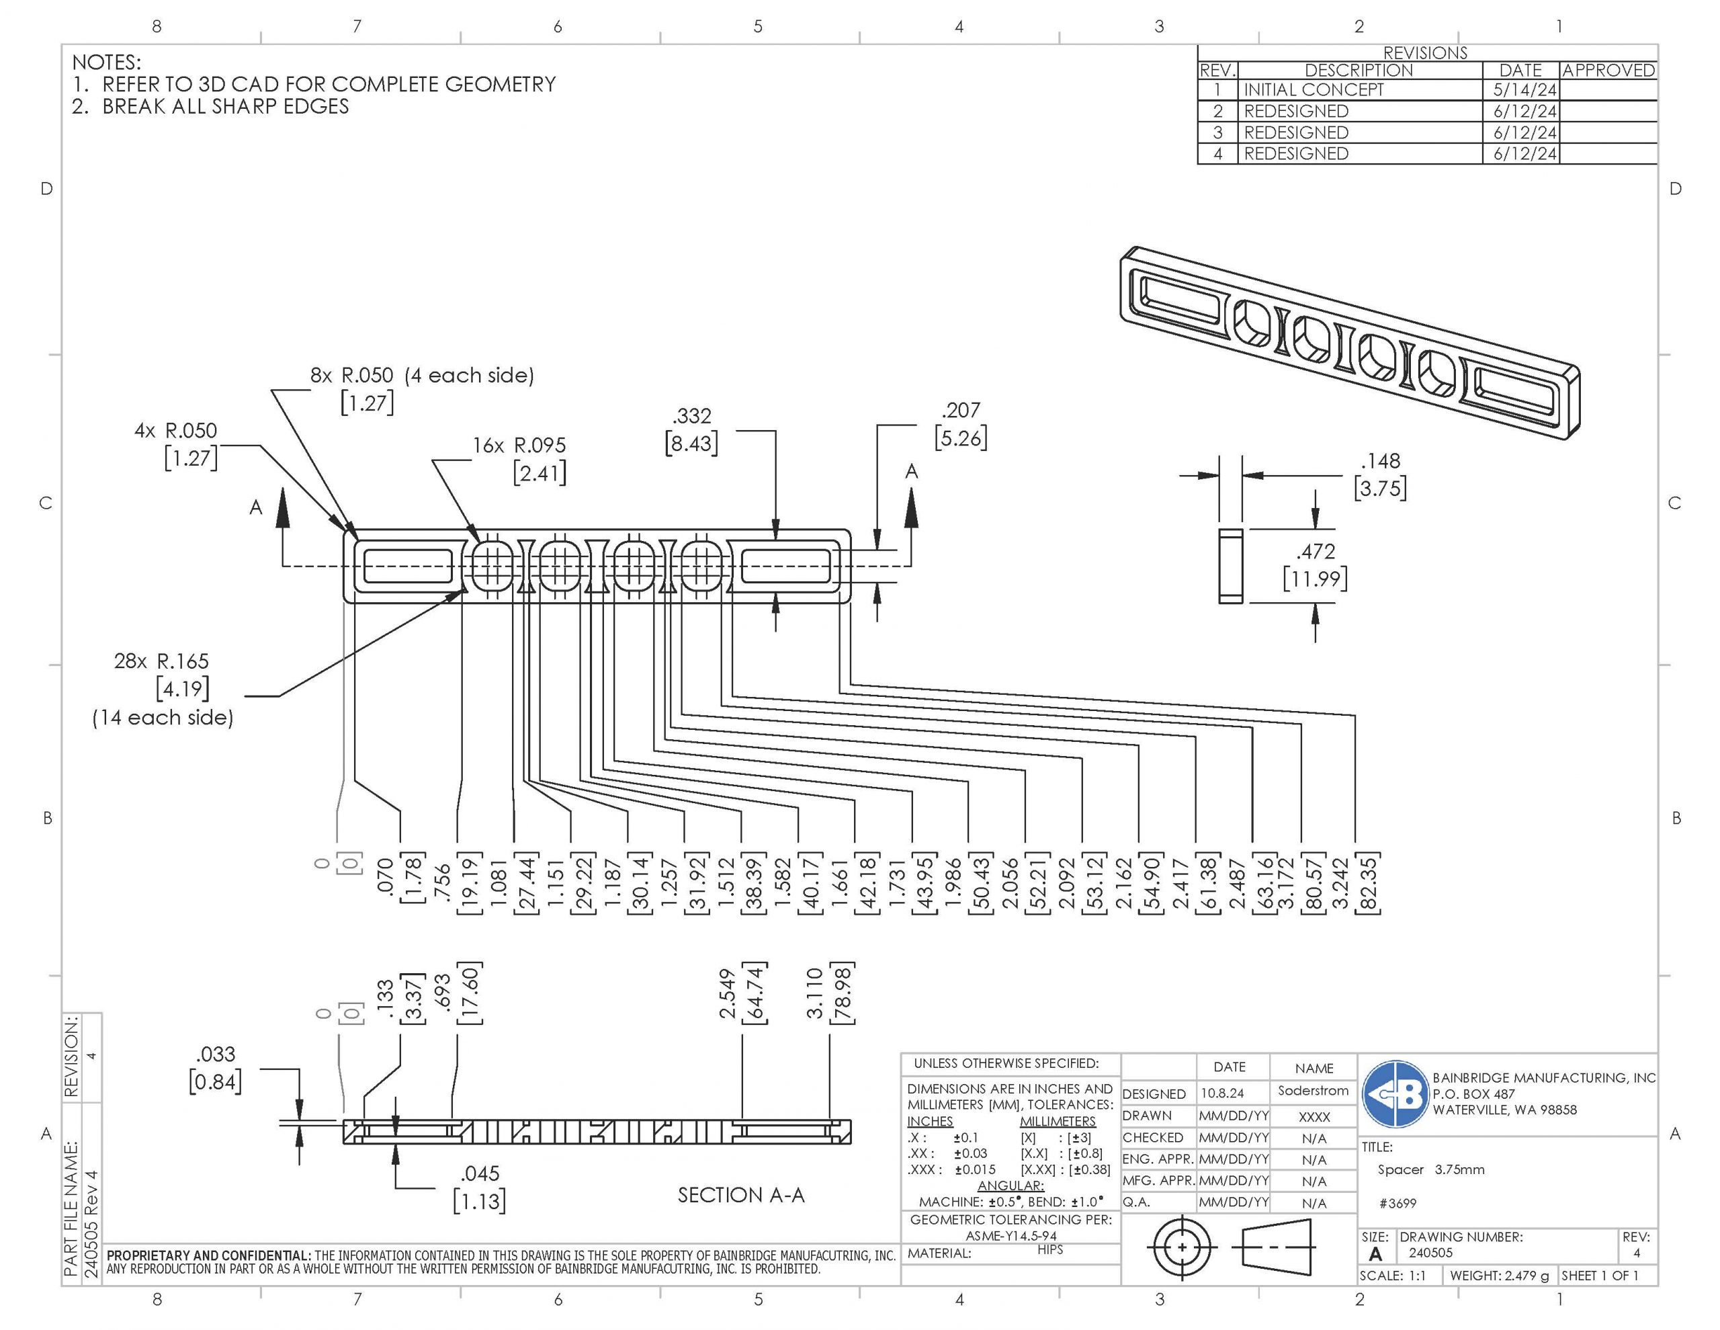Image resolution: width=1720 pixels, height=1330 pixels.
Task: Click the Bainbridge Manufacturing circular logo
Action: click(1395, 1093)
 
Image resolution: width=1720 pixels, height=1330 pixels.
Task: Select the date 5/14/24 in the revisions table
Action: click(1524, 90)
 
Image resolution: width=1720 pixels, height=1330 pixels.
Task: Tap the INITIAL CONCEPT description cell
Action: click(1313, 90)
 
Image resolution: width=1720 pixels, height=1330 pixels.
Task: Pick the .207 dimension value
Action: click(961, 411)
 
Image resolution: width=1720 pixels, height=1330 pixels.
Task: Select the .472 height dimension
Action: click(1316, 552)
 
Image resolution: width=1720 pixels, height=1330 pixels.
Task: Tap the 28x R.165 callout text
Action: click(161, 661)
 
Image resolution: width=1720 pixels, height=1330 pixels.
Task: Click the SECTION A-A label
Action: click(741, 1196)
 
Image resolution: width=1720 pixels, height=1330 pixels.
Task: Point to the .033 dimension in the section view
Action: click(215, 1054)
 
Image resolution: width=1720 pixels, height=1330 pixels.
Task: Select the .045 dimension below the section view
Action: click(480, 1174)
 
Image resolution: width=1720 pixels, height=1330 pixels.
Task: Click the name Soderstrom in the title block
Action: click(1313, 1091)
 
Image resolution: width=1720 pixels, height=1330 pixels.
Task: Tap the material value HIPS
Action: click(1049, 1249)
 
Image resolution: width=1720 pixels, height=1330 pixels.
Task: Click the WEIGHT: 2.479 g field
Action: click(1499, 1276)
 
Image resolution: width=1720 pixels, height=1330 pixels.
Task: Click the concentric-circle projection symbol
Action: click(1181, 1247)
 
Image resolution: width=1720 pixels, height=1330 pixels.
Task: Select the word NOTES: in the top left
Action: click(106, 63)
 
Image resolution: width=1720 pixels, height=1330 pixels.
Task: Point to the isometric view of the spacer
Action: click(1349, 343)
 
